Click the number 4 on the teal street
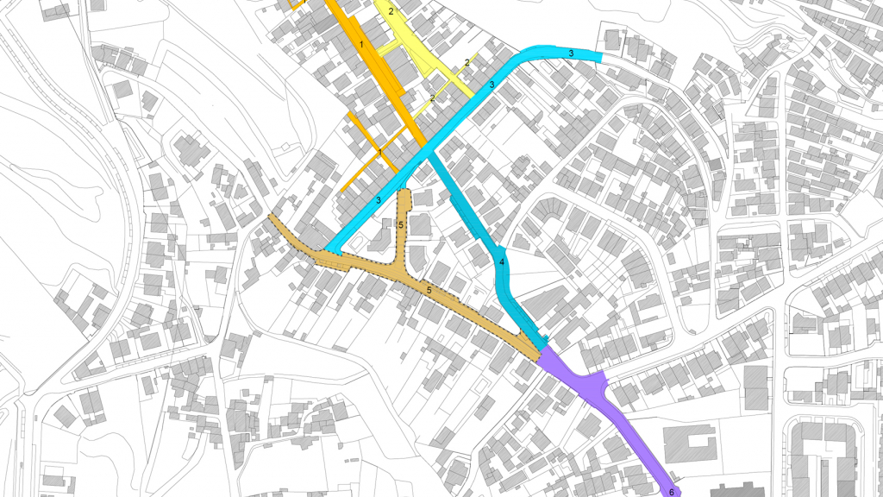502,261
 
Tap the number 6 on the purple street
671,492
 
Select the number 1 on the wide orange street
362,42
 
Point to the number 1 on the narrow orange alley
379,152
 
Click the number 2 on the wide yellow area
391,11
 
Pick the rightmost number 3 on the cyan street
571,53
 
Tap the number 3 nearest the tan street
378,200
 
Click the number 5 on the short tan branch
402,224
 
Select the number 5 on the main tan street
429,291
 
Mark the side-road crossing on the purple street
597,382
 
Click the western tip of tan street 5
272,217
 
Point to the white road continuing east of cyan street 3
647,73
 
